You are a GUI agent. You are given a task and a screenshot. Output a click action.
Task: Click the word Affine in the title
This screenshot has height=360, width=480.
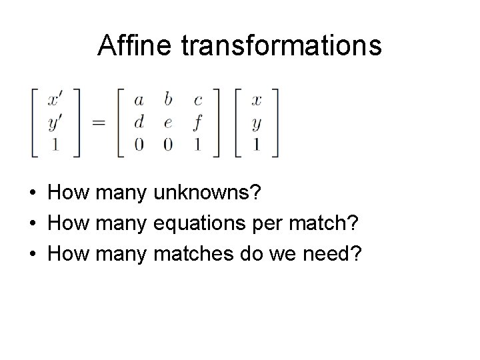pyautogui.click(x=129, y=46)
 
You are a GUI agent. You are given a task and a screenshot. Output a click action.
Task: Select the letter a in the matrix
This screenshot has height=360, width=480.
pyautogui.click(x=139, y=101)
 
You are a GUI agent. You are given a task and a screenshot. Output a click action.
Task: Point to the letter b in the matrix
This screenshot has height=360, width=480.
pyautogui.click(x=168, y=100)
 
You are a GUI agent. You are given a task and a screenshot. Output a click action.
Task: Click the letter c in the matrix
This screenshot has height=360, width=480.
pyautogui.click(x=197, y=101)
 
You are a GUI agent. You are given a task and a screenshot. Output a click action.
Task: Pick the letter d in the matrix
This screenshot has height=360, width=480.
pyautogui.click(x=139, y=122)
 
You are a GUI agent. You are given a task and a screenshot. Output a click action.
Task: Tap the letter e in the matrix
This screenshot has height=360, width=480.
pyautogui.click(x=168, y=123)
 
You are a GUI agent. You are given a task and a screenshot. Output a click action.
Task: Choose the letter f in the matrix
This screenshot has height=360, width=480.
pyautogui.click(x=197, y=123)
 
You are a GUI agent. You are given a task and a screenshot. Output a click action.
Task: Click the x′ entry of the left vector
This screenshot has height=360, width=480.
pyautogui.click(x=57, y=101)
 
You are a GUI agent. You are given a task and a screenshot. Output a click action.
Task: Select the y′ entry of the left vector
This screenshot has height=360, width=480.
pyautogui.click(x=57, y=123)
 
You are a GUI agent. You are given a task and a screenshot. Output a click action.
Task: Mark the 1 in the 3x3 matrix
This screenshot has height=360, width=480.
pyautogui.click(x=197, y=145)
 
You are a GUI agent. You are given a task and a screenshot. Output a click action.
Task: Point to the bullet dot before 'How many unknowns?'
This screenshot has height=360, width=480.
pyautogui.click(x=33, y=194)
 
